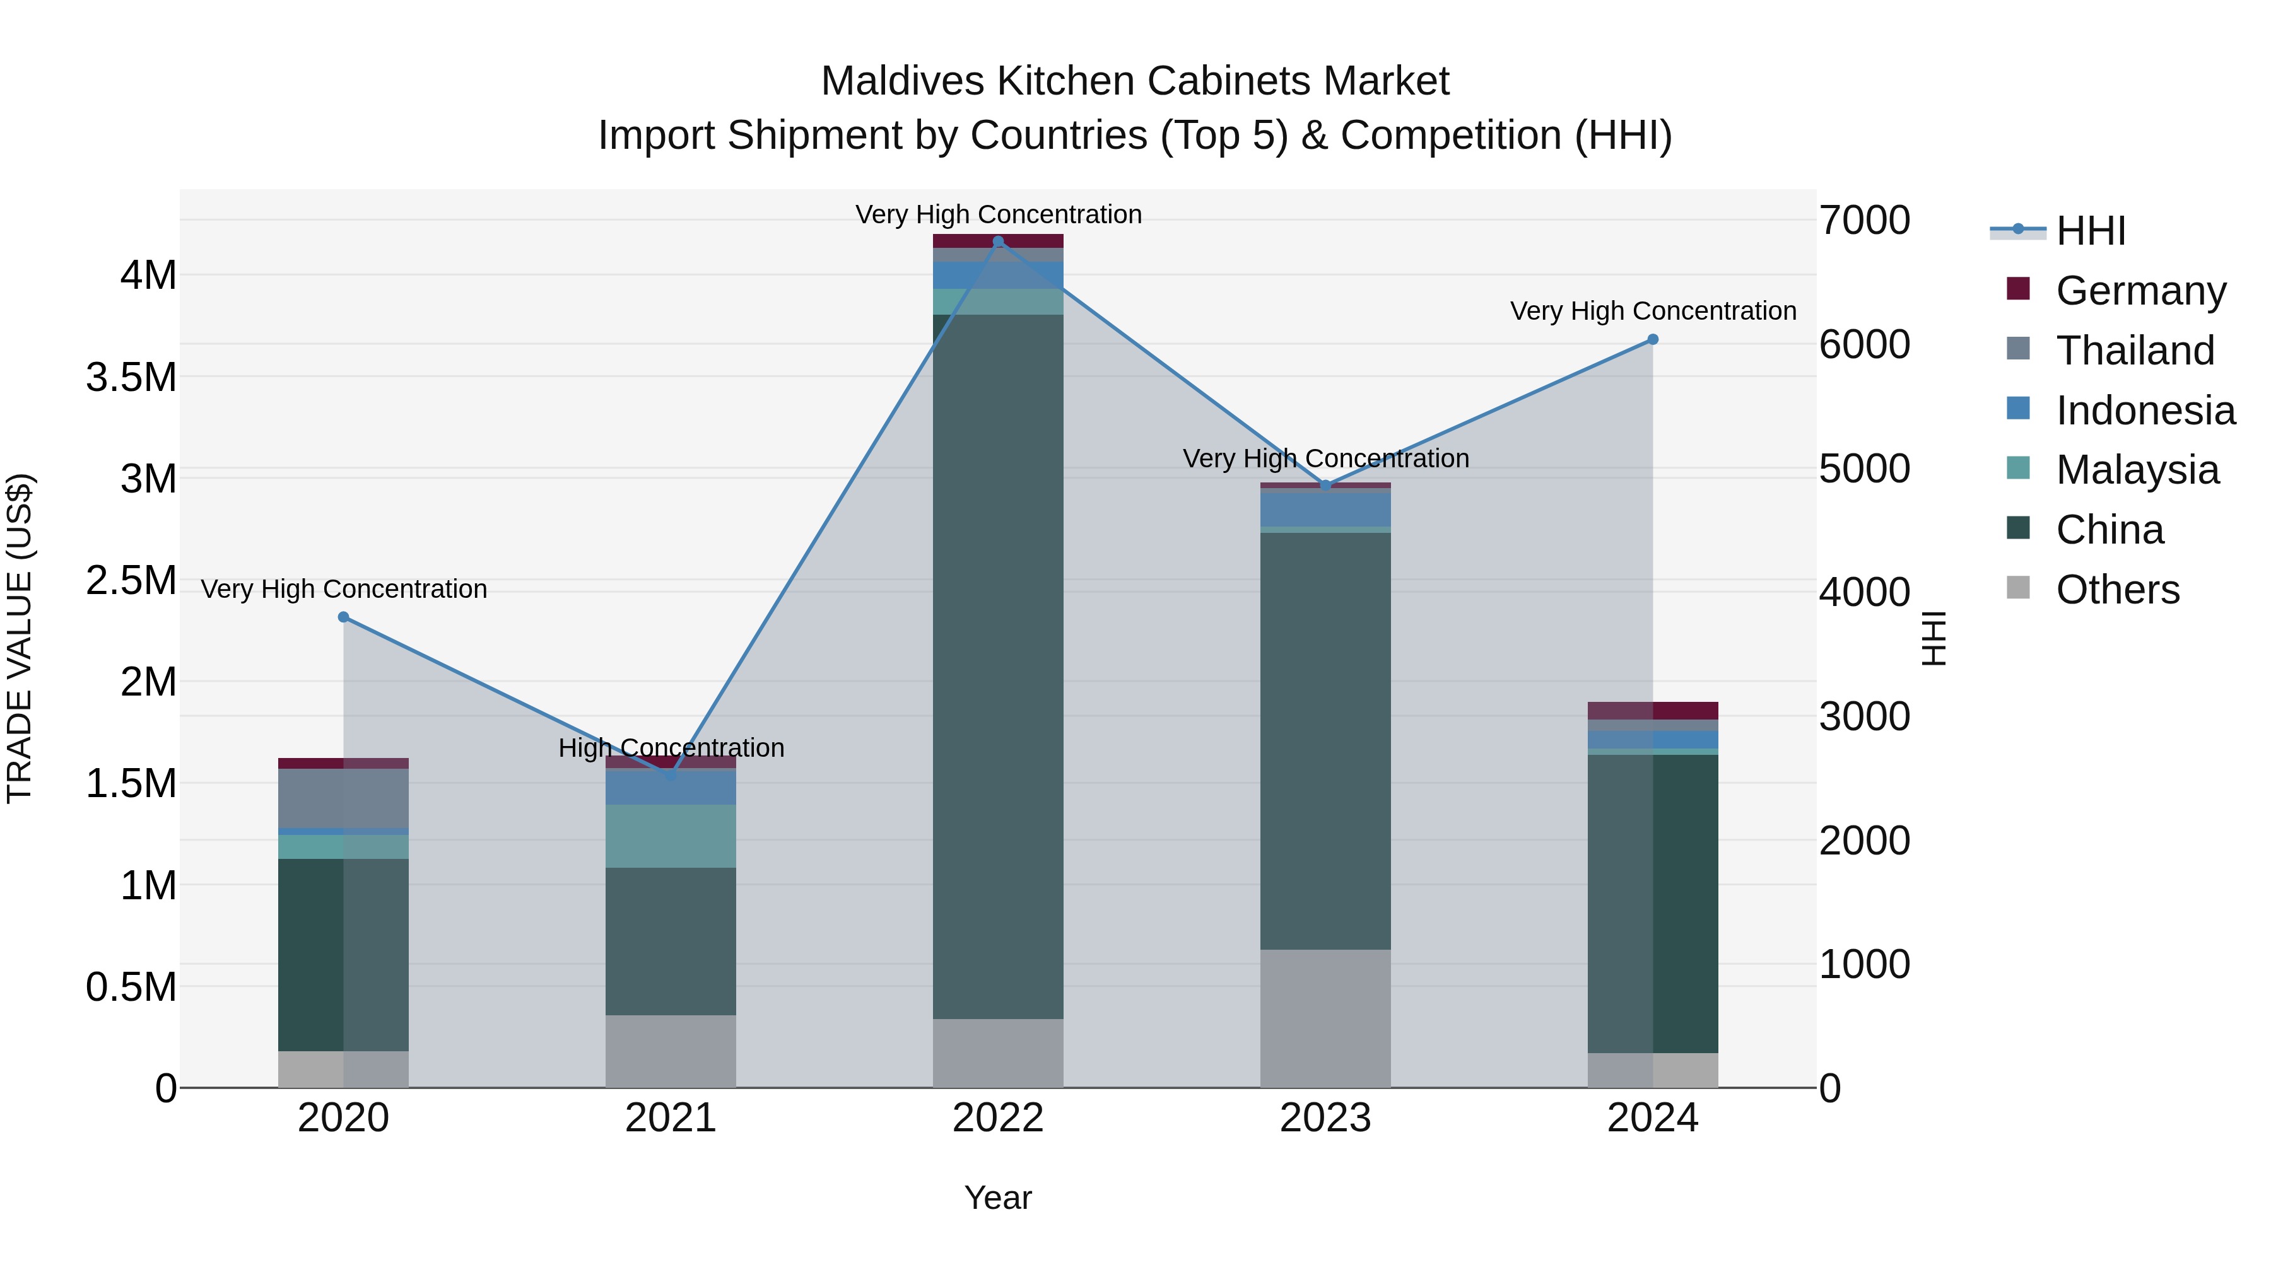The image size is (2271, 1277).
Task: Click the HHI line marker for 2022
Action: click(x=998, y=242)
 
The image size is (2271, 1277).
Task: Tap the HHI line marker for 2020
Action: click(x=344, y=617)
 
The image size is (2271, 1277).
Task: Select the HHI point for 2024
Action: click(x=1653, y=339)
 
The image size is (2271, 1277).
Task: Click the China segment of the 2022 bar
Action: click(x=998, y=667)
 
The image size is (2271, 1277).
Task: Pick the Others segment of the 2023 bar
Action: click(x=1325, y=1018)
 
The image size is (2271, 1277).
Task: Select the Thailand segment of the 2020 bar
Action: click(x=344, y=798)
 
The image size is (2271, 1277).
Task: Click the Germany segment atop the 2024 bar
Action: click(x=1653, y=710)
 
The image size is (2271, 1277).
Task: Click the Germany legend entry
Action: click(x=2140, y=291)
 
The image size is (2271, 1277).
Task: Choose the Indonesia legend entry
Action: click(x=2144, y=411)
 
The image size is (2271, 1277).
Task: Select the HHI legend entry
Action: click(x=2089, y=231)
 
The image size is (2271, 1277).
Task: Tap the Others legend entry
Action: click(x=2116, y=590)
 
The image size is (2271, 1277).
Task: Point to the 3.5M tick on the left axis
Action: click(x=131, y=377)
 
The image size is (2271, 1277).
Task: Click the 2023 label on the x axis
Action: click(x=1325, y=1118)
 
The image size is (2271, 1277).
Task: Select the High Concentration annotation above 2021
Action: click(x=671, y=748)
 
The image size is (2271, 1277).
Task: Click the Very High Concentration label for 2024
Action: click(x=1653, y=311)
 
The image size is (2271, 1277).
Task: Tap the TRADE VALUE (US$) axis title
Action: click(x=20, y=638)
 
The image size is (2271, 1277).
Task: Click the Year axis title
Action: click(x=998, y=1198)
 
